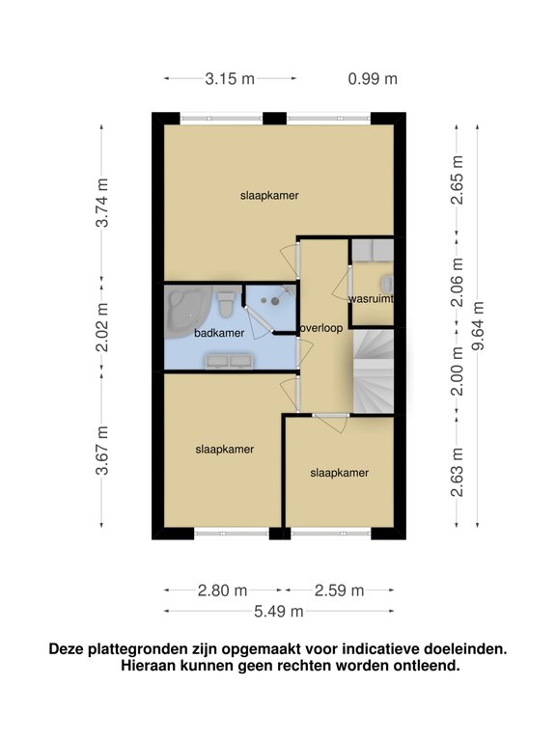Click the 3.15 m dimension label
(x=230, y=78)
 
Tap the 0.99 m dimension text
(x=373, y=78)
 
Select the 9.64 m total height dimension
(x=479, y=325)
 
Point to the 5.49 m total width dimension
(x=278, y=611)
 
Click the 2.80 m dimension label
(x=222, y=590)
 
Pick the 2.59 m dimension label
(x=340, y=590)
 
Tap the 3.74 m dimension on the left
(x=102, y=203)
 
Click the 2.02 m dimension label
(x=102, y=327)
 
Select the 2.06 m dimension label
(x=458, y=282)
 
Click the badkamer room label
(x=219, y=333)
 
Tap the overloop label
(x=321, y=328)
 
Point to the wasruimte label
(x=371, y=299)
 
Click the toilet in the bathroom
(x=226, y=305)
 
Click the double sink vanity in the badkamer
(x=229, y=362)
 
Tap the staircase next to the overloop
(x=374, y=371)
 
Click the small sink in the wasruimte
(x=388, y=285)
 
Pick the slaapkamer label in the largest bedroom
(x=269, y=196)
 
